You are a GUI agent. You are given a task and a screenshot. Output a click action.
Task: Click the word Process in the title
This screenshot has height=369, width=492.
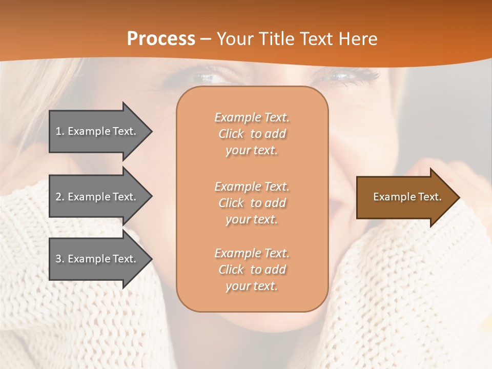(161, 39)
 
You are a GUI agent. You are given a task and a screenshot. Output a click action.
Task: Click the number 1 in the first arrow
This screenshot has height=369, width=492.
(58, 131)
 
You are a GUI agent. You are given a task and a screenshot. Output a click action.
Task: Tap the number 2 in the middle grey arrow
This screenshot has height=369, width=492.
(58, 197)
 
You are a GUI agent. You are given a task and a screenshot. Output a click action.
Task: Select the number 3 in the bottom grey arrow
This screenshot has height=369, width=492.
(58, 259)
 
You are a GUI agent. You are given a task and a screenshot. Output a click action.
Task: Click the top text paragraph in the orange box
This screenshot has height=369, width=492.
(252, 134)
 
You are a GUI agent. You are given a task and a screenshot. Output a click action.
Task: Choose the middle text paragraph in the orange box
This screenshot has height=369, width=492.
(252, 203)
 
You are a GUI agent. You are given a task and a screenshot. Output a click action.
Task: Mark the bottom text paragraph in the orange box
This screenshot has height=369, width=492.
(252, 270)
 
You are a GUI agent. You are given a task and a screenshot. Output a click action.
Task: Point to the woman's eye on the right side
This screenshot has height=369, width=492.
(341, 76)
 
